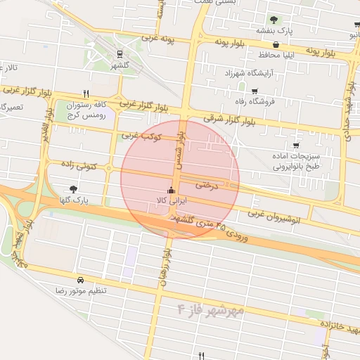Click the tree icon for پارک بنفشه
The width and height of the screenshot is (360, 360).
(x=274, y=20)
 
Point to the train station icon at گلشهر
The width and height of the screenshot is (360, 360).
(x=120, y=53)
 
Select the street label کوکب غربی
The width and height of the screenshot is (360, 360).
(x=141, y=135)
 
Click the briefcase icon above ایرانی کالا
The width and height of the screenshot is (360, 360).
(x=171, y=190)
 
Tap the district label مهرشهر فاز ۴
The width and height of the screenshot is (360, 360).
(x=210, y=309)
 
